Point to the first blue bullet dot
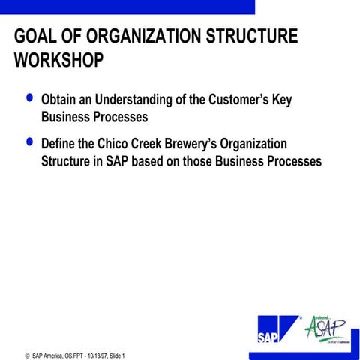pyautogui.click(x=29, y=98)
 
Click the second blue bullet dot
pyautogui.click(x=29, y=140)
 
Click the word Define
pyautogui.click(x=60, y=142)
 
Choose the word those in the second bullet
pyautogui.click(x=202, y=160)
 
